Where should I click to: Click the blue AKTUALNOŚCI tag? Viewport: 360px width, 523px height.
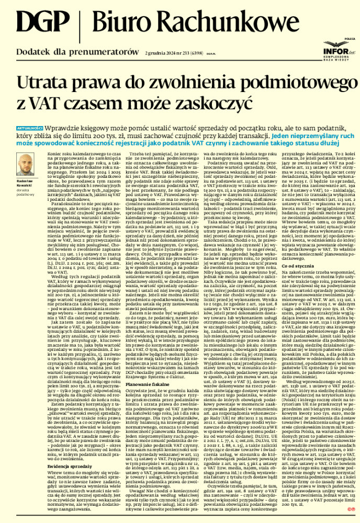(30, 128)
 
